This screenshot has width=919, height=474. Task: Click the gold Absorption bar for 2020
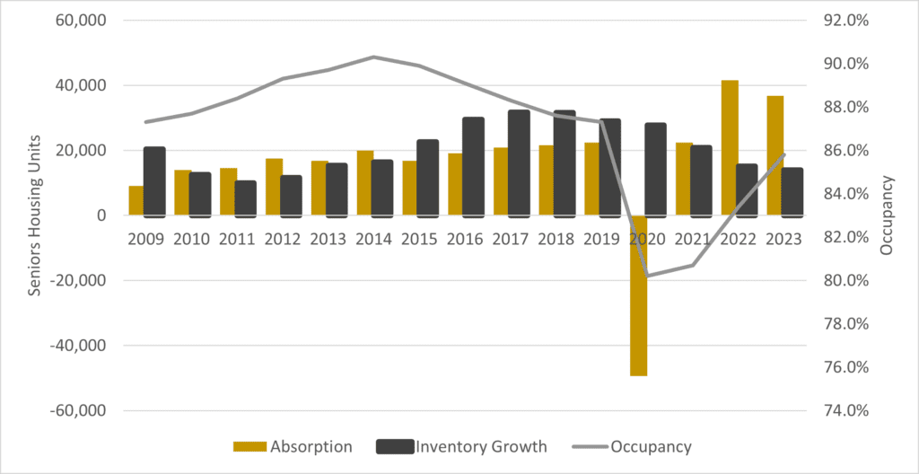click(x=638, y=295)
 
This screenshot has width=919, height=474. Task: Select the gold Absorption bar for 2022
click(x=730, y=148)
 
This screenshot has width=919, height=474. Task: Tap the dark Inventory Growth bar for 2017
click(x=519, y=162)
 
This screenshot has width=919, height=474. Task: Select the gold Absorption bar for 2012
click(x=274, y=187)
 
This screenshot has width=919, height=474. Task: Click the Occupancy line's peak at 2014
click(x=373, y=57)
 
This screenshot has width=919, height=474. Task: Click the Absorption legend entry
click(x=292, y=446)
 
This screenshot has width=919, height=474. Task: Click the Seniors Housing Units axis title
click(x=36, y=215)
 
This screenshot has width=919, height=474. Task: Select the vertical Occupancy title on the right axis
click(x=888, y=215)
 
